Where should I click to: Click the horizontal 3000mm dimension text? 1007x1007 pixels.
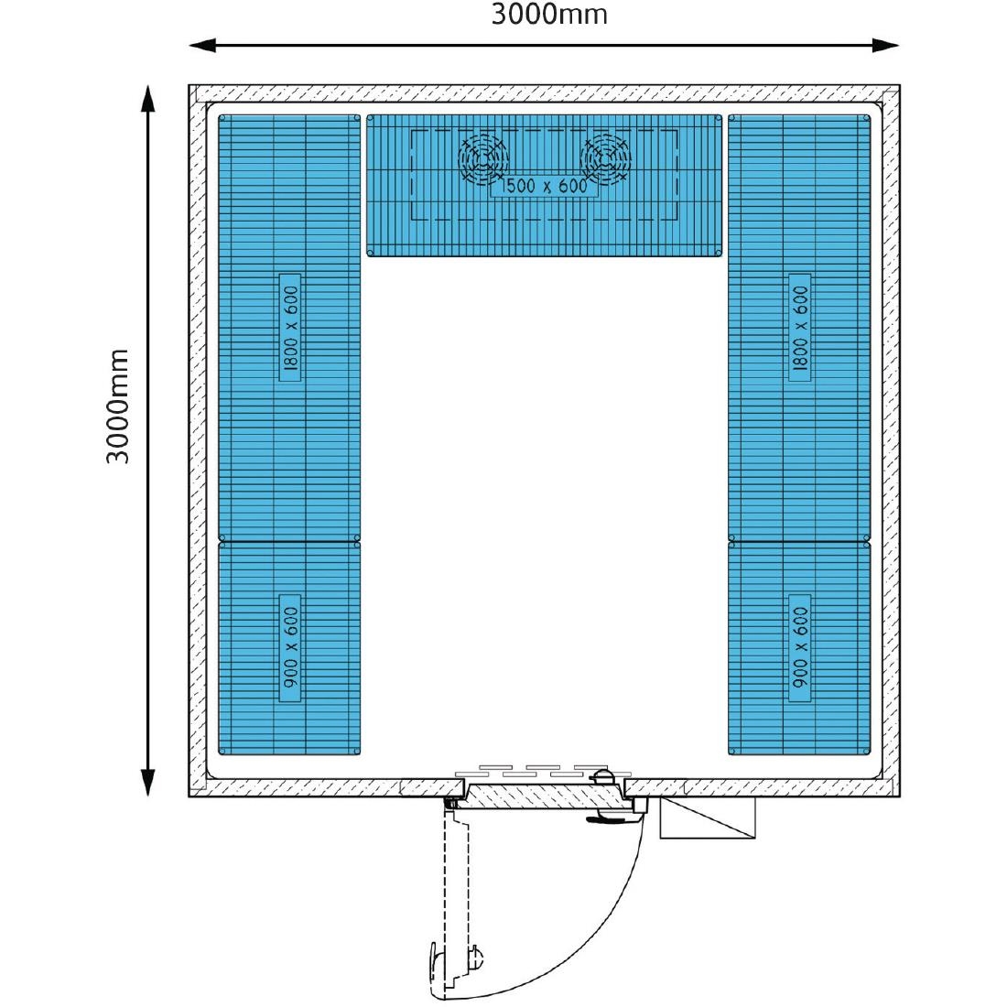coord(549,15)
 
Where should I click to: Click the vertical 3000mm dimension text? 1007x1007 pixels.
coord(118,406)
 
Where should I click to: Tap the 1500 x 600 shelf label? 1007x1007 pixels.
coord(544,186)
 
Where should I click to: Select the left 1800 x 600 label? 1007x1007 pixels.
coord(291,328)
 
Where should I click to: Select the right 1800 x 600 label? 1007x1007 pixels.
coord(800,328)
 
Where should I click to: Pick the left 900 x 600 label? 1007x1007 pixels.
coord(291,648)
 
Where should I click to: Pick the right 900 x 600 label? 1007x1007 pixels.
coord(800,648)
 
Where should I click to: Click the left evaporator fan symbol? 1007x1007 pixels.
coord(483,158)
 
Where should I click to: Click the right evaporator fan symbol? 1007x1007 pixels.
coord(606,158)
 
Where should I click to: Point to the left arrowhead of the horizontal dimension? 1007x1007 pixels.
coord(201,45)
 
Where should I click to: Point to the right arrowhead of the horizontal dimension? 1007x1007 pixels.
coord(886,45)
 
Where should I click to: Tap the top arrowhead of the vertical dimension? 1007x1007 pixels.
coord(148,98)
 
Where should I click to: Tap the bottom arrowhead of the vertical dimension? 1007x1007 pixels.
coord(148,782)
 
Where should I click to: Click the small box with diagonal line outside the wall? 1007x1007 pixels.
coord(708,818)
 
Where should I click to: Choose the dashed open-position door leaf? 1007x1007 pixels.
coord(456,899)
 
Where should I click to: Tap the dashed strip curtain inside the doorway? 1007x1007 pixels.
coord(543,771)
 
